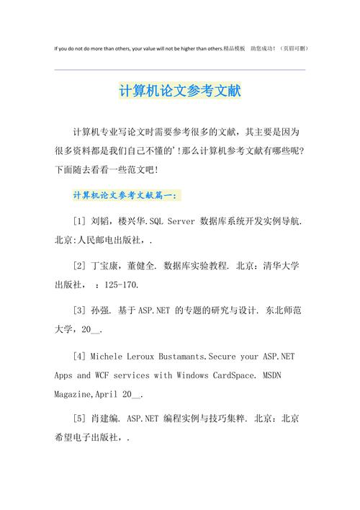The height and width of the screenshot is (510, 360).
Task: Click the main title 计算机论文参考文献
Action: click(x=180, y=92)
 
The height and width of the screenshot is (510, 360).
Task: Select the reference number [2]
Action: click(x=79, y=266)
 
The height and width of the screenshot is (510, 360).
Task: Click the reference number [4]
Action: click(x=79, y=356)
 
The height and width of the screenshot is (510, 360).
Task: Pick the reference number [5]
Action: click(x=79, y=417)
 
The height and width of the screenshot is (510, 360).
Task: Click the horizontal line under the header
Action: click(x=180, y=70)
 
